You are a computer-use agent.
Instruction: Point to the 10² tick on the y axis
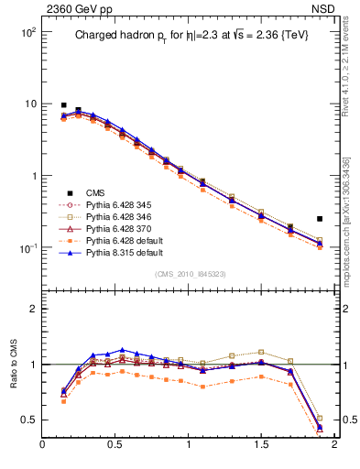tap(26, 32)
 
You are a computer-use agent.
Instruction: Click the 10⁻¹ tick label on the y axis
tap(26, 248)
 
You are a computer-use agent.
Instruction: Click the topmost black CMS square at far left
tap(63, 105)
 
